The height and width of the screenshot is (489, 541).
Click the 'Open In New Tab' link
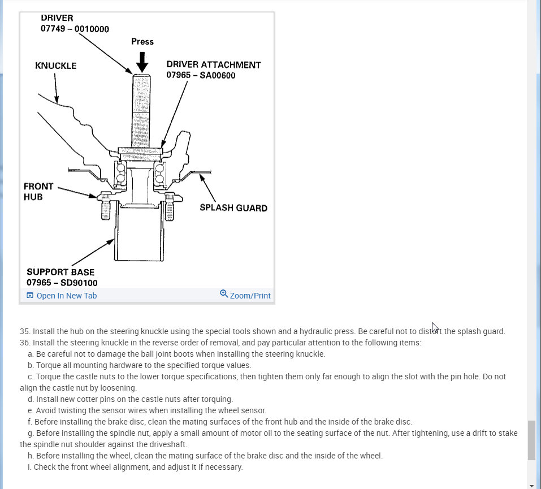click(62, 296)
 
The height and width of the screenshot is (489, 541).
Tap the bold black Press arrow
click(142, 61)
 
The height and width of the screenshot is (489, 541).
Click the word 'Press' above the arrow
click(142, 41)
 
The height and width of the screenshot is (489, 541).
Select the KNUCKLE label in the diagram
click(55, 66)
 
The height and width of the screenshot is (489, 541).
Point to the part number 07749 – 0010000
click(75, 28)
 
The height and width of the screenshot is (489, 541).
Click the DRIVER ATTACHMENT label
click(214, 65)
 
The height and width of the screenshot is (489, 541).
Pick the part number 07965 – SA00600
click(201, 75)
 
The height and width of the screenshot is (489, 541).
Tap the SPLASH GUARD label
click(233, 207)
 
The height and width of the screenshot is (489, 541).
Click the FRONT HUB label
click(38, 191)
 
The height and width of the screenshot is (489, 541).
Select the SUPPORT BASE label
click(60, 272)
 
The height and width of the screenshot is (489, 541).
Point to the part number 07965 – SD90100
click(62, 282)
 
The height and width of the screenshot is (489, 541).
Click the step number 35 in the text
click(24, 331)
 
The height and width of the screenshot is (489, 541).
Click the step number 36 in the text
click(24, 343)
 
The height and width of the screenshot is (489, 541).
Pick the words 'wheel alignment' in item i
click(109, 467)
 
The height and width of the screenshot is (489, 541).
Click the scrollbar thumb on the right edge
click(531, 440)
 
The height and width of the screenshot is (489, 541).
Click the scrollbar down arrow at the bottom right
click(531, 485)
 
